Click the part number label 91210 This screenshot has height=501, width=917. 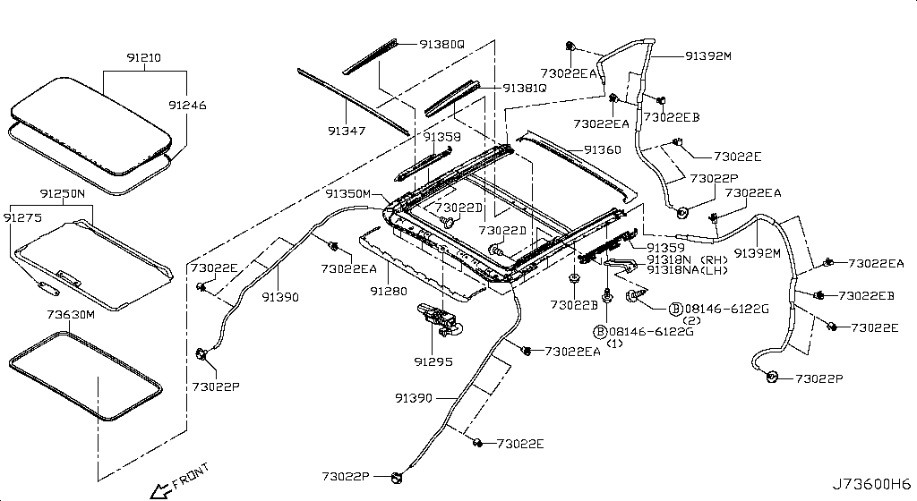point(144,57)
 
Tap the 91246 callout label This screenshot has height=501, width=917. point(186,105)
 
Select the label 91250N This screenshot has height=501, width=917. point(62,193)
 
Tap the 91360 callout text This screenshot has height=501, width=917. point(602,149)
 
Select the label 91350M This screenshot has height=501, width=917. point(348,193)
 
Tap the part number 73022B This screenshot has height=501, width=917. point(574,305)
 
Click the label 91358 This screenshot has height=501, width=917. point(442,137)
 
